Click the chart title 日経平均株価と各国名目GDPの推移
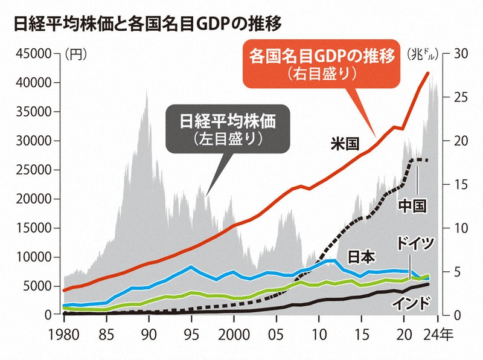pos(141,24)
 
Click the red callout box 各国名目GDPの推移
pos(322,63)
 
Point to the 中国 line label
pos(413,205)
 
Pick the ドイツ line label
pos(415,244)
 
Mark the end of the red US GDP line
pos(429,73)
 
